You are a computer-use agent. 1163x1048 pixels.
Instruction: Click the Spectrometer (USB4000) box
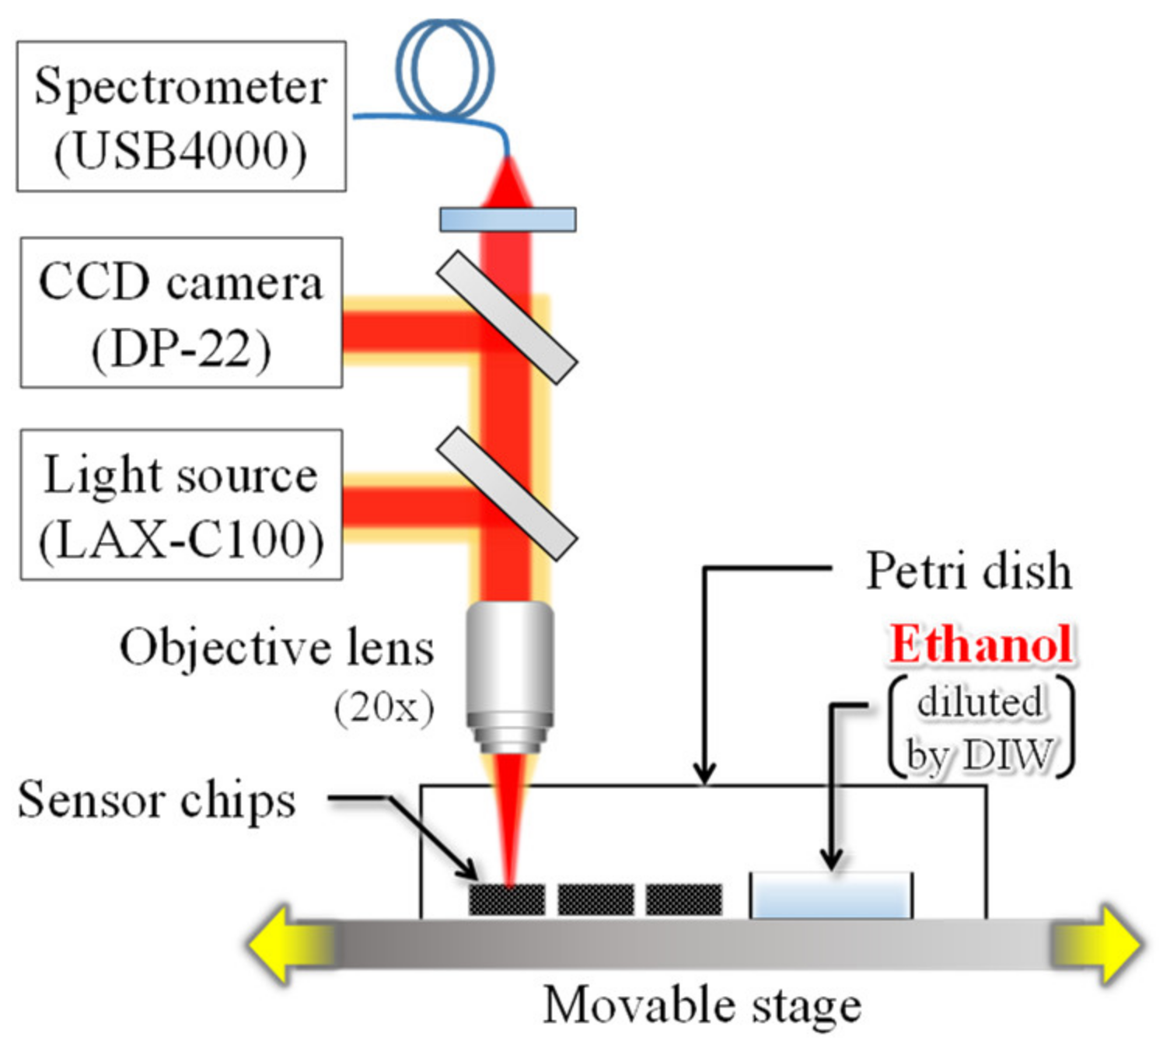[181, 117]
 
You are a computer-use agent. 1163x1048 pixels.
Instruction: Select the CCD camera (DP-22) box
[181, 313]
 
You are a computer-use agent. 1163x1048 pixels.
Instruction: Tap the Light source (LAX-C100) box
[181, 505]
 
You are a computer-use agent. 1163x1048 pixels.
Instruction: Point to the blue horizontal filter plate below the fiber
[508, 219]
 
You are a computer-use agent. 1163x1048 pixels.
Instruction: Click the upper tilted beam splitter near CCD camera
[506, 317]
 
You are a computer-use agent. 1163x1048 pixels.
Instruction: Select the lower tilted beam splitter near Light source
[506, 494]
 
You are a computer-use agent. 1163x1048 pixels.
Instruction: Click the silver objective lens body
[510, 669]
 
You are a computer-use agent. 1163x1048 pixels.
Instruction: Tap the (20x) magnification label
[384, 707]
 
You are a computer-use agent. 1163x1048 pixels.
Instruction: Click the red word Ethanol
[981, 645]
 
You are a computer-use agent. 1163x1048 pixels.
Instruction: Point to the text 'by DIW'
[980, 754]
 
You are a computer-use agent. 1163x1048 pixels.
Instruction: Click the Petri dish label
[969, 571]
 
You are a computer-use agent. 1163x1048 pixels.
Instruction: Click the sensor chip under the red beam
[507, 900]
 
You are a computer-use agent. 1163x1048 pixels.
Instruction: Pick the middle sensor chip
[595, 900]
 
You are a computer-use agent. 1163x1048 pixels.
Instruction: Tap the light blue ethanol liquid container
[830, 896]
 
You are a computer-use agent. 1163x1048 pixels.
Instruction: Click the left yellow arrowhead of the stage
[272, 945]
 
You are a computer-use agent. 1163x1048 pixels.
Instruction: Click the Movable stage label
[702, 1005]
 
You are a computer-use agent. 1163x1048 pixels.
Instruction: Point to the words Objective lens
[276, 648]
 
